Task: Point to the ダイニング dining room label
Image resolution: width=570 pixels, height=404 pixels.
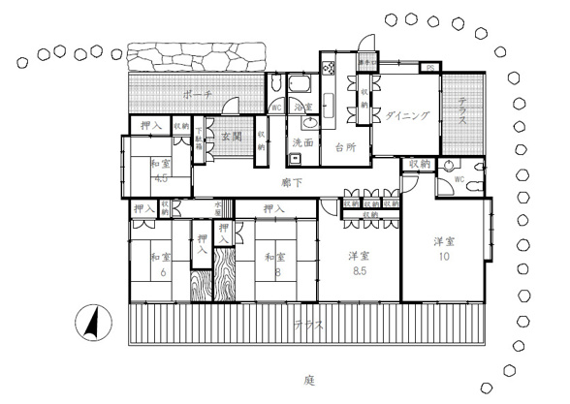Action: click(x=408, y=115)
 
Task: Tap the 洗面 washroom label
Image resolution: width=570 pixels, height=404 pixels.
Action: click(x=301, y=142)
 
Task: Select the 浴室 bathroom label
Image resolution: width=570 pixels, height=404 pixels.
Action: click(x=301, y=107)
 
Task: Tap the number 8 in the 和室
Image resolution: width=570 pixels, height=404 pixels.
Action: click(x=277, y=273)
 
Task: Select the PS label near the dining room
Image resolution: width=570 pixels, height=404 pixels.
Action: click(x=428, y=67)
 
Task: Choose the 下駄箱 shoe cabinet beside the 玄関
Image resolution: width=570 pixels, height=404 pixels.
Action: click(x=200, y=138)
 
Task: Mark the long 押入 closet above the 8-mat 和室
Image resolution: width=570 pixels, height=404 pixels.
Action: click(x=273, y=208)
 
